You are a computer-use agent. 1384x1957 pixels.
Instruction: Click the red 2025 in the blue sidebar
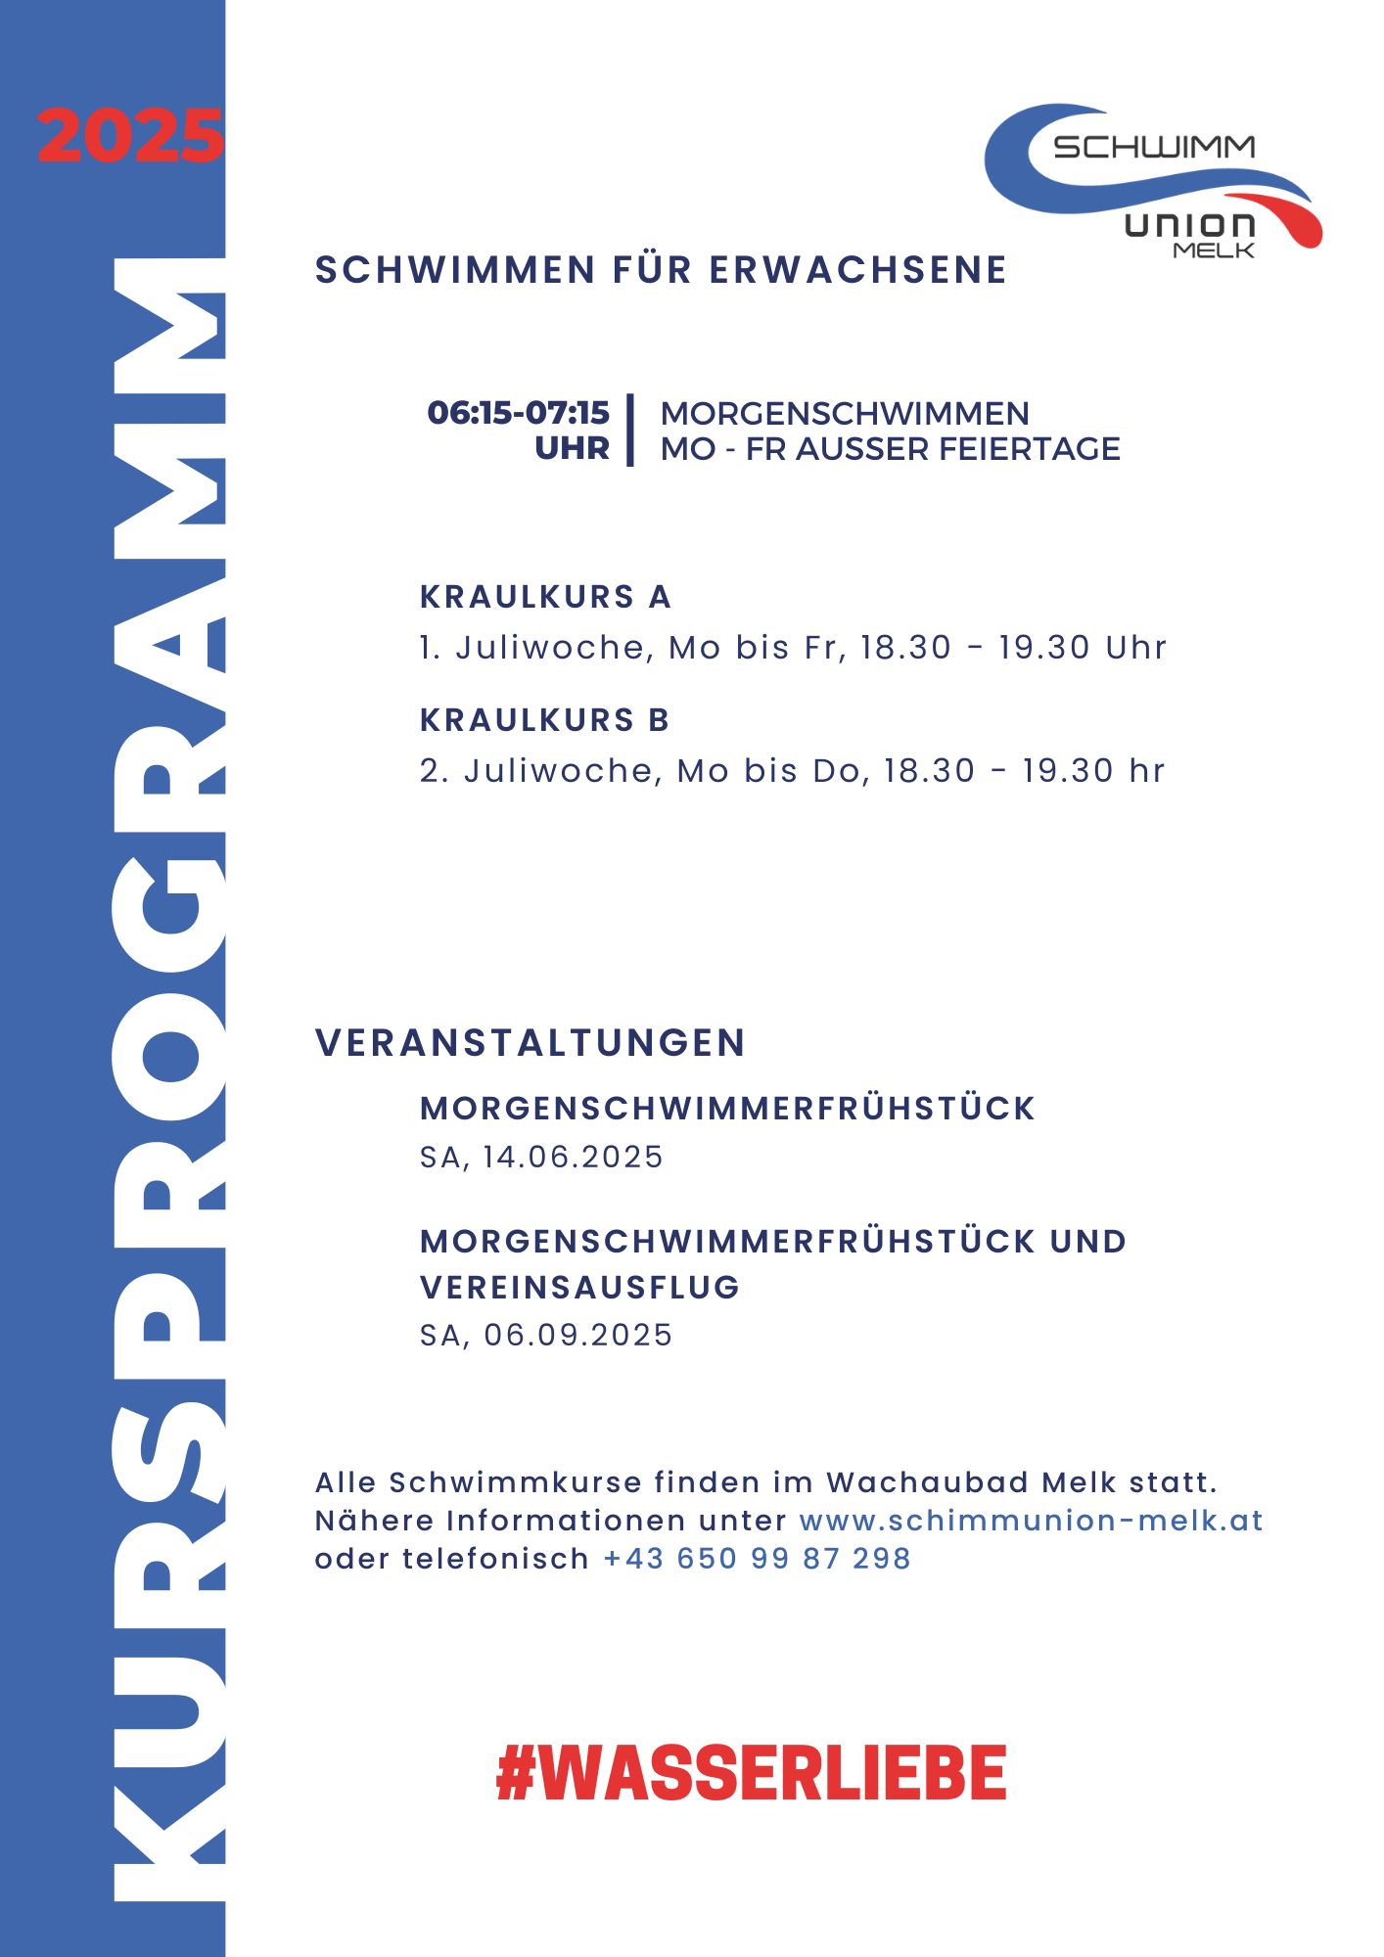pyautogui.click(x=130, y=136)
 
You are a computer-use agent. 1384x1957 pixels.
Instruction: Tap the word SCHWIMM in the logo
pyautogui.click(x=1154, y=147)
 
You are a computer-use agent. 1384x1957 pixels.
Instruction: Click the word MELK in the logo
pyautogui.click(x=1214, y=250)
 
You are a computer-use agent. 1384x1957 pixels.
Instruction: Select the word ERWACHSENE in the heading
pyautogui.click(x=857, y=270)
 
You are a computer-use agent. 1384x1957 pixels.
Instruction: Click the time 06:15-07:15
pyautogui.click(x=518, y=412)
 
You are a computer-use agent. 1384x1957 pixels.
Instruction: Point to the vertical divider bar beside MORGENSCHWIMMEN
pyautogui.click(x=631, y=431)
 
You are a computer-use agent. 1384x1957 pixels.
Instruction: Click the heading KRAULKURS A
pyautogui.click(x=545, y=597)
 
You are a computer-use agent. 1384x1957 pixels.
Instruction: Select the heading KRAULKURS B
pyautogui.click(x=544, y=720)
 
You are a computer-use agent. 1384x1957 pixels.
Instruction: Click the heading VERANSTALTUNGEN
pyautogui.click(x=531, y=1043)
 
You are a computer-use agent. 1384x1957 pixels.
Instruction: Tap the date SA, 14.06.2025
pyautogui.click(x=541, y=1158)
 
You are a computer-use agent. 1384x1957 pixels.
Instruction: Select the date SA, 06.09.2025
pyautogui.click(x=546, y=1336)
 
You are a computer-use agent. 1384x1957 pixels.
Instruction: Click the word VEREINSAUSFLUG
pyautogui.click(x=579, y=1288)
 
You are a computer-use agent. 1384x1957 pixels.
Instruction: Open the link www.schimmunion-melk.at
pyautogui.click(x=1031, y=1521)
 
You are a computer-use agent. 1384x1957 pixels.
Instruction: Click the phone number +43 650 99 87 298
pyautogui.click(x=757, y=1559)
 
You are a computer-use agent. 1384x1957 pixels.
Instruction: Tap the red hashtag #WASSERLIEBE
pyautogui.click(x=752, y=1772)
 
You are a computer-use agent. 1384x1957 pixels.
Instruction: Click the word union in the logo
pyautogui.click(x=1189, y=225)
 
